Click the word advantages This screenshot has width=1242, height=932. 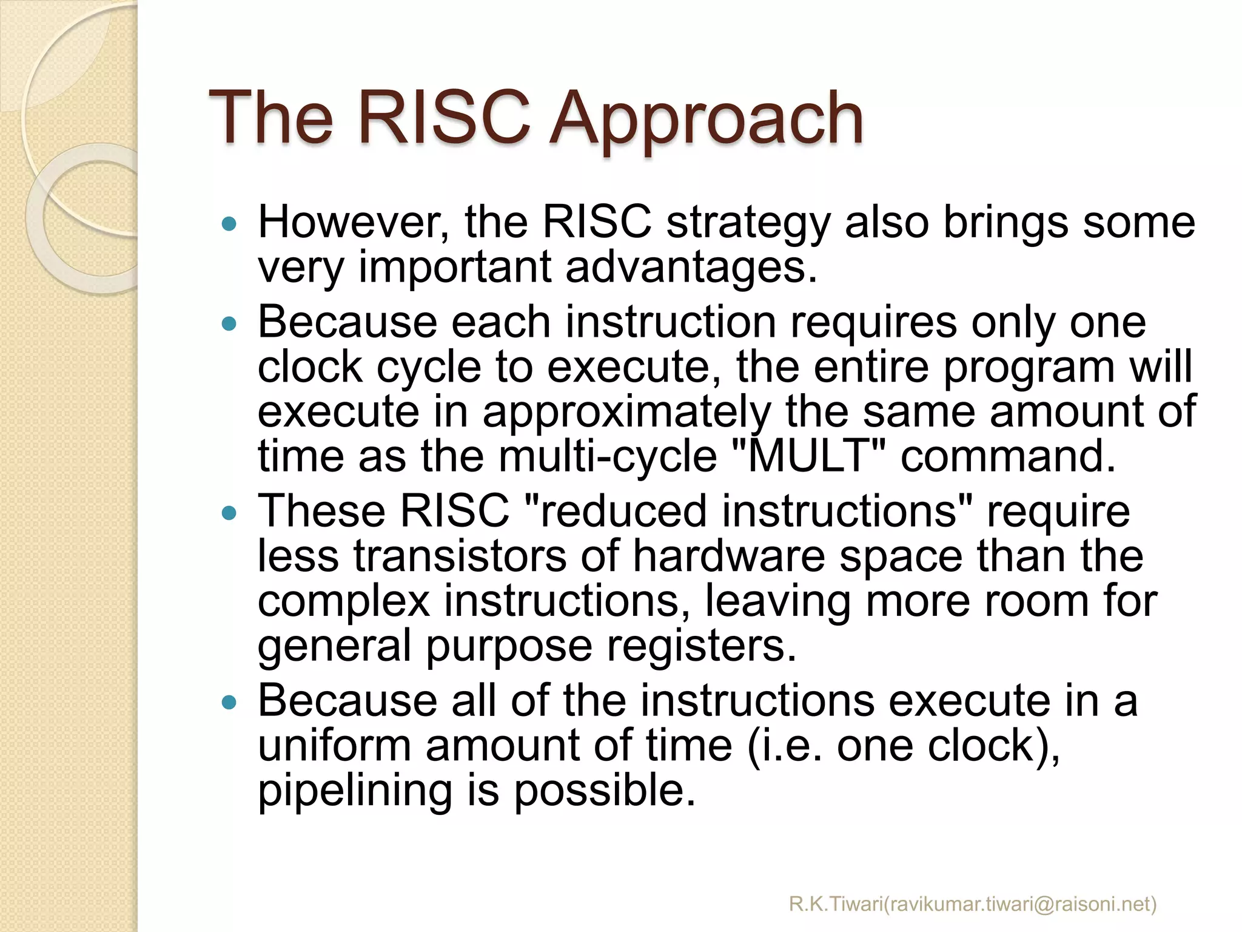691,268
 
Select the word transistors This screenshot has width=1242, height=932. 460,556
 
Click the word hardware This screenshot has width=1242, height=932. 728,556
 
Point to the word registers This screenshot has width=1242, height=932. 700,646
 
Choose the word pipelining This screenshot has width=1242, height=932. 355,791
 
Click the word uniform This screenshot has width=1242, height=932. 334,746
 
